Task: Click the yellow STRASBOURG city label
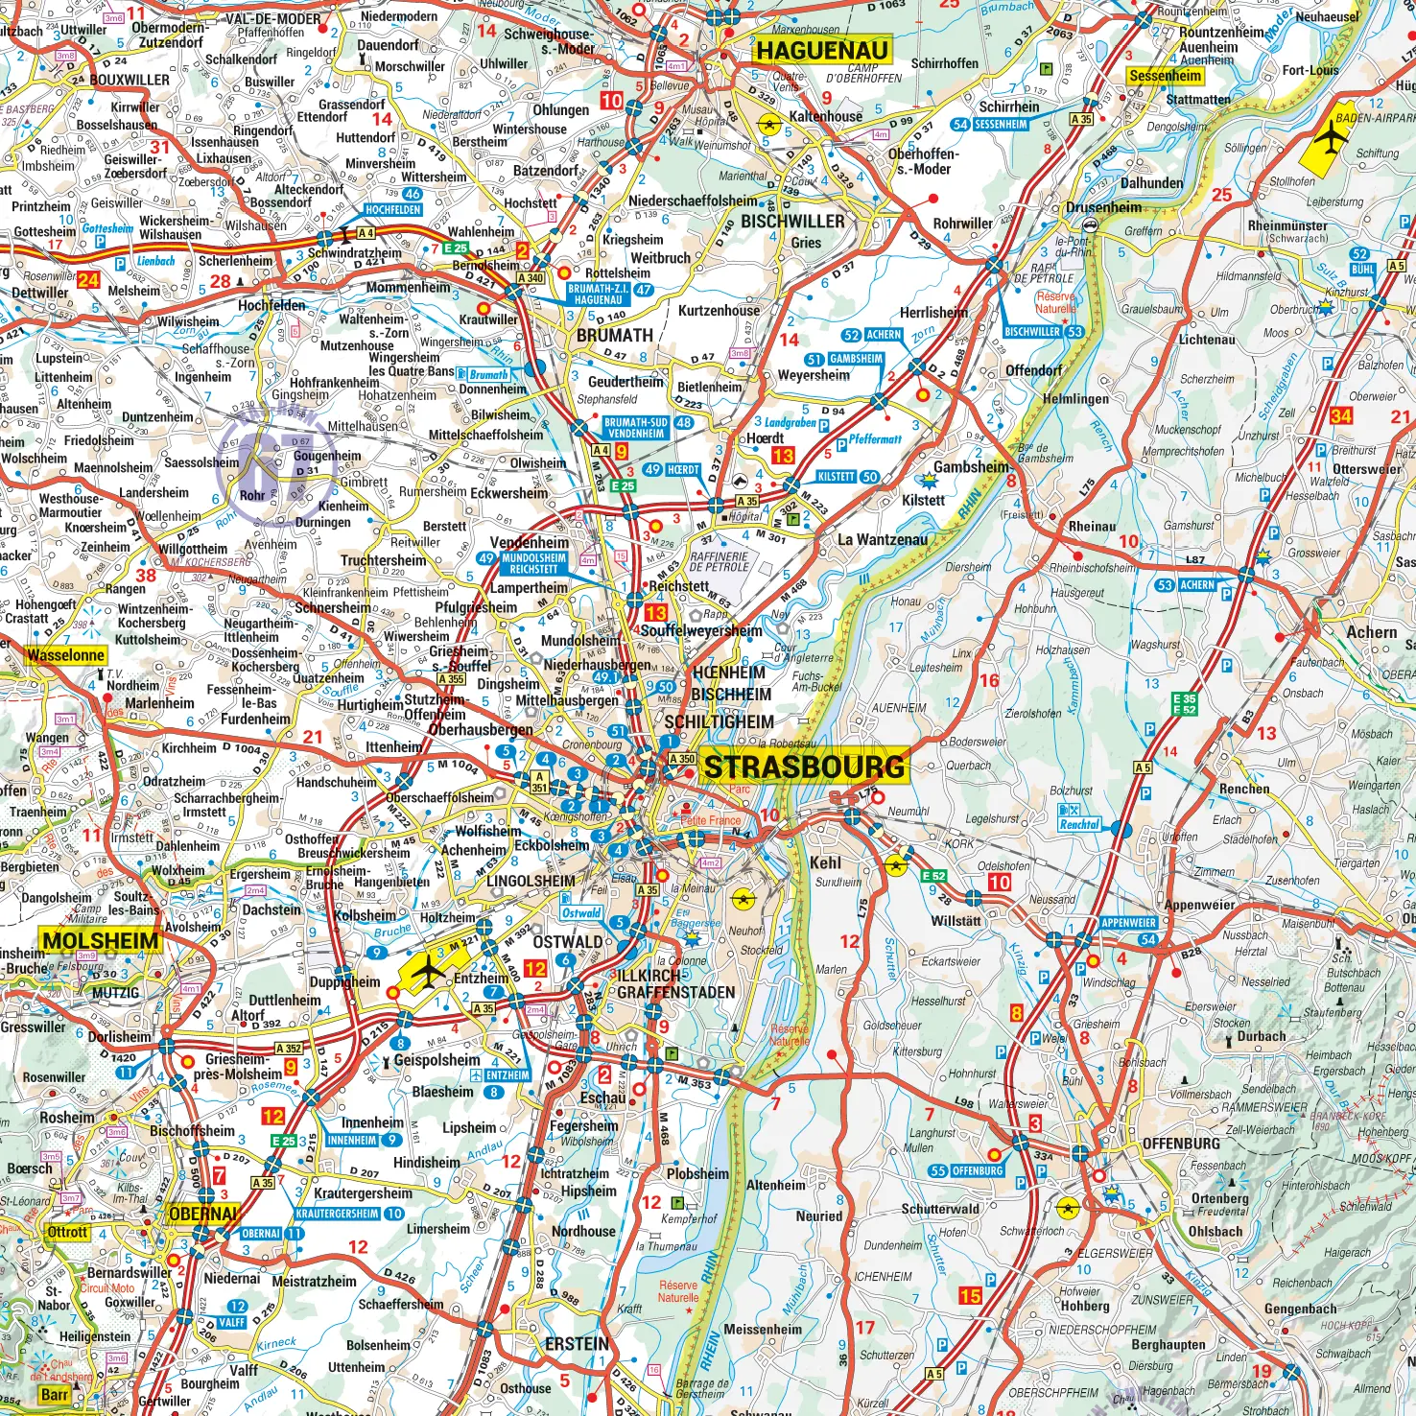[x=804, y=767]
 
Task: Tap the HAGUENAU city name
[x=822, y=50]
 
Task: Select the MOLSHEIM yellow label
[x=100, y=940]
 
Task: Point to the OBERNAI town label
[x=202, y=1214]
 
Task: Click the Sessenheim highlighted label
[x=1165, y=76]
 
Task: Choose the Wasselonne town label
[x=65, y=655]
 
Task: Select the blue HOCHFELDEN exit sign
[x=392, y=209]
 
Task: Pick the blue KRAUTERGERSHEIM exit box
[x=337, y=1214]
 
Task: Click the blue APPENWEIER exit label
[x=1128, y=923]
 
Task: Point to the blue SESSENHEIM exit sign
[x=1001, y=125]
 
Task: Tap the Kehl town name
[x=825, y=862]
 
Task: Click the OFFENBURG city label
[x=1181, y=1144]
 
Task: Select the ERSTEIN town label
[x=577, y=1344]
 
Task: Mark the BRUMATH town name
[x=614, y=336]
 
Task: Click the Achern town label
[x=1371, y=632]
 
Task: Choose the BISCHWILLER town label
[x=792, y=222]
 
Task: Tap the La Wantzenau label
[x=883, y=539]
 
